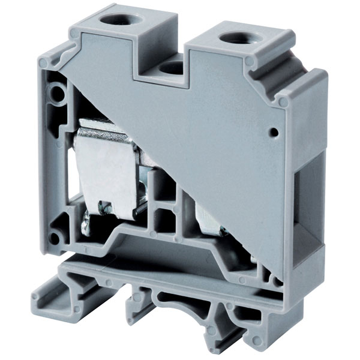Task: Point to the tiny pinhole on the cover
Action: (x=274, y=132)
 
